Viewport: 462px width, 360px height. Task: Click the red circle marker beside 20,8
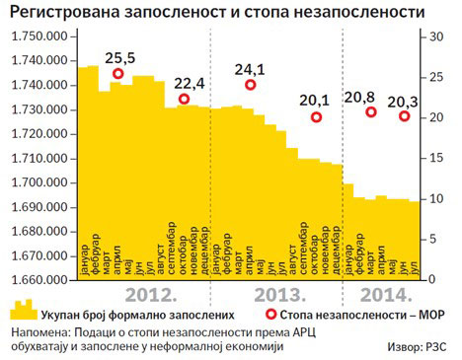(x=371, y=111)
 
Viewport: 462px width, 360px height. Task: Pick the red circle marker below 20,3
(x=405, y=116)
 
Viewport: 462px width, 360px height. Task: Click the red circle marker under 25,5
(x=118, y=73)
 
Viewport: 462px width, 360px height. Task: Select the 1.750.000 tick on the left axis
(x=39, y=36)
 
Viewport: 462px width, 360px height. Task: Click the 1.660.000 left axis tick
(x=39, y=279)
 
